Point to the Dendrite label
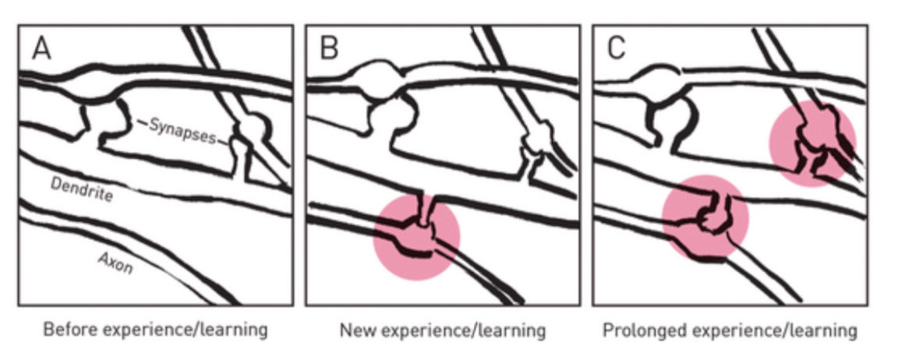point(81,189)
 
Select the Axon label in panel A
point(115,263)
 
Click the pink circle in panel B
point(416,236)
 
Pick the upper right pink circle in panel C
point(813,144)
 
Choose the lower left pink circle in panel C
point(706,218)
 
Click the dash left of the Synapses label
point(141,122)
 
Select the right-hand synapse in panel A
point(249,133)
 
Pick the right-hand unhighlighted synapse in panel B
point(537,144)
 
